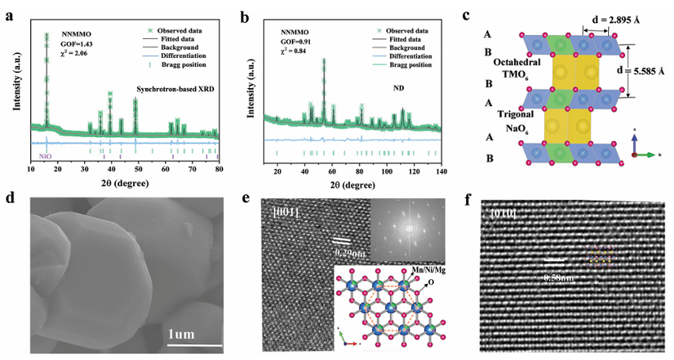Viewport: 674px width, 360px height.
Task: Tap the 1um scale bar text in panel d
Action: [x=188, y=333]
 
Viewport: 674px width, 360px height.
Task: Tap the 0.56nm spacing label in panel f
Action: [x=559, y=278]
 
